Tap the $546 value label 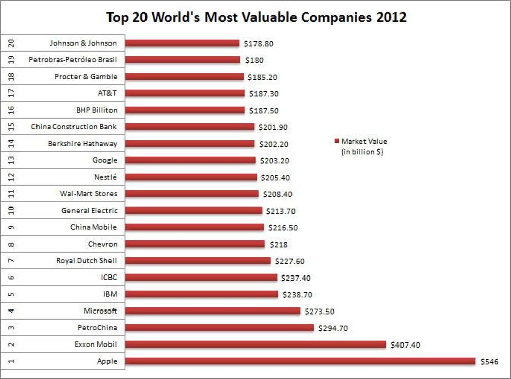click(489, 362)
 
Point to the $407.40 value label click(405, 345)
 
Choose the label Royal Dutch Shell click(86, 261)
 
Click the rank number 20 click(11, 43)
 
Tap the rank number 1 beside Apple click(11, 361)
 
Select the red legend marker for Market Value click(336, 141)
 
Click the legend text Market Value click(364, 141)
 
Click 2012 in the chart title click(391, 17)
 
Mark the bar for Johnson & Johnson click(182, 43)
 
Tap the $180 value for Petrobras click(253, 60)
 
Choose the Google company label click(105, 160)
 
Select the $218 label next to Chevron click(277, 245)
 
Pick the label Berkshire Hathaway click(82, 144)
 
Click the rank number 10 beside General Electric click(11, 211)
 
